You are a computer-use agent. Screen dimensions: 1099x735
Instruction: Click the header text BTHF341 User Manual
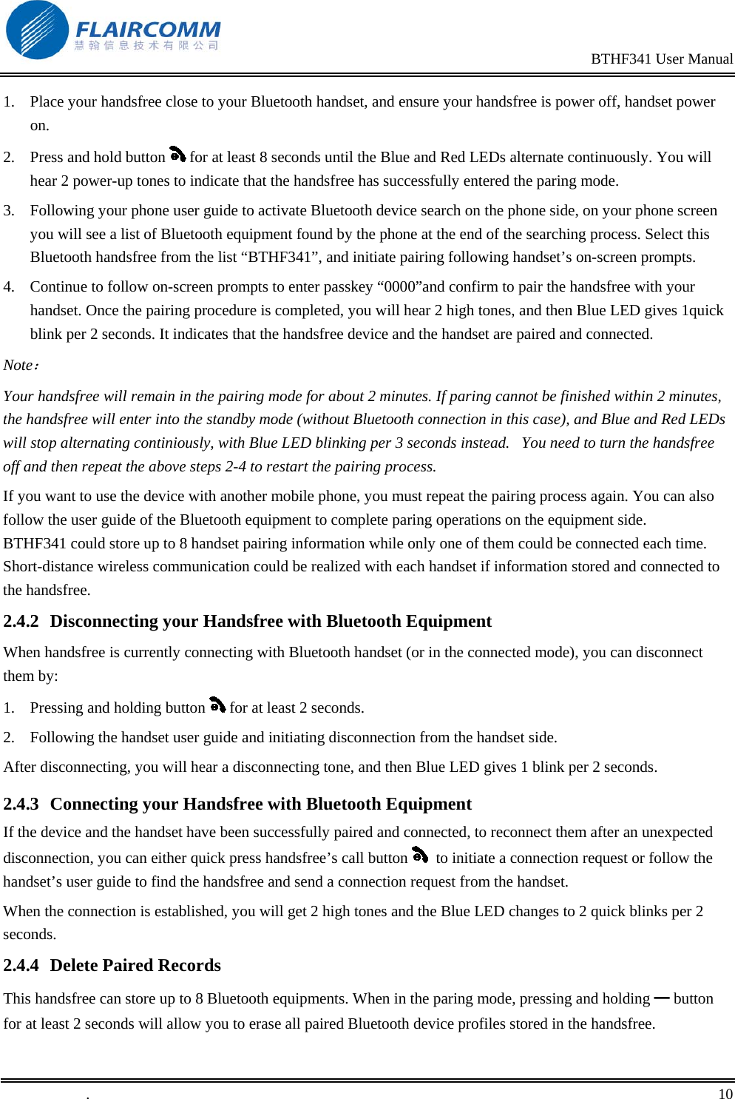661,59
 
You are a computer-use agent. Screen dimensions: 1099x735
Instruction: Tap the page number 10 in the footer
725,1093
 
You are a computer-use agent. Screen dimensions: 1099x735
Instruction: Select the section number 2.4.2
21,622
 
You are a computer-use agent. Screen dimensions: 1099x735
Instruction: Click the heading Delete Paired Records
135,966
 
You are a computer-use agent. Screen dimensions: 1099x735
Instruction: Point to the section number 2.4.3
21,804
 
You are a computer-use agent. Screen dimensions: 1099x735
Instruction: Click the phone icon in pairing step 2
177,155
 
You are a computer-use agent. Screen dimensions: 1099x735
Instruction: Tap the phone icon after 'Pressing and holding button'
217,705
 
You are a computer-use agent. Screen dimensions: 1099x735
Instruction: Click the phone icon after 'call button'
420,856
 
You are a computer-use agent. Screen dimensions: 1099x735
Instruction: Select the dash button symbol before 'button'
661,998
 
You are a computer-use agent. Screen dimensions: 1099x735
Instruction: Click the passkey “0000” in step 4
399,287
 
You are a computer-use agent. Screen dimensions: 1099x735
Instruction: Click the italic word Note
18,366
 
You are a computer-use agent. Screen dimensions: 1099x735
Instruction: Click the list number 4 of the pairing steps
8,287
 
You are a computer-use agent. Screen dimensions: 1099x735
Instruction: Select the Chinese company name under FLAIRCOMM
146,46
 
